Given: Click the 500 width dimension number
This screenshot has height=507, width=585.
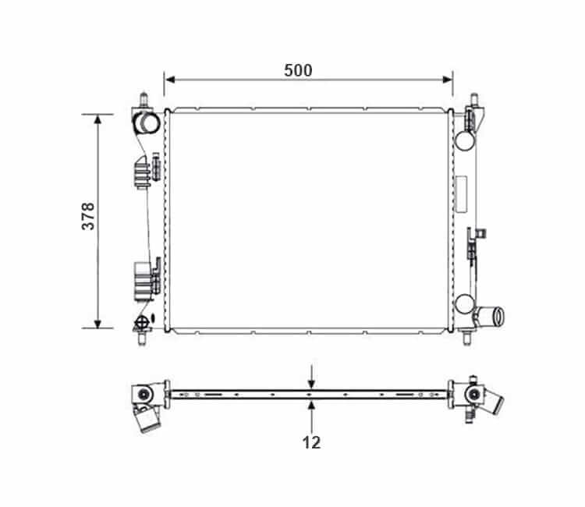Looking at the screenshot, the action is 298,70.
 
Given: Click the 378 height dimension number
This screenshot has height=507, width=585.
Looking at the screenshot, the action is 88,216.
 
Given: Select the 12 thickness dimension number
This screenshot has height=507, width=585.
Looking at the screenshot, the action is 311,442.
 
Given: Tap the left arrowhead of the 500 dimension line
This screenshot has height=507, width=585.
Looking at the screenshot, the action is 170,80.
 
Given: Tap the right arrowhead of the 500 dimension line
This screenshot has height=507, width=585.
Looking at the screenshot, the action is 448,80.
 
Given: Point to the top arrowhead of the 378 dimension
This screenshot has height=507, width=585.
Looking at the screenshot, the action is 97,120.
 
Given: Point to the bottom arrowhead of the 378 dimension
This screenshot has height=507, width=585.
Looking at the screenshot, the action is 97,323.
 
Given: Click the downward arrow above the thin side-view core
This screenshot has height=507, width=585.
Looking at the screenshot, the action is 311,378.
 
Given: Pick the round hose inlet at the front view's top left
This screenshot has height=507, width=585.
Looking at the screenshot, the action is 147,122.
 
